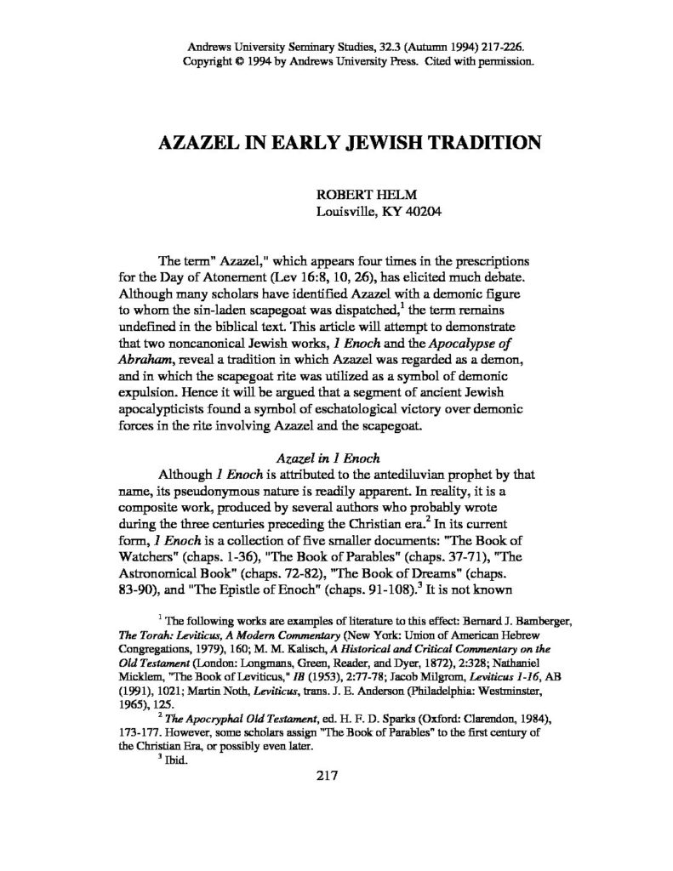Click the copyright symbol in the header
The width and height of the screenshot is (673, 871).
(x=226, y=63)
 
